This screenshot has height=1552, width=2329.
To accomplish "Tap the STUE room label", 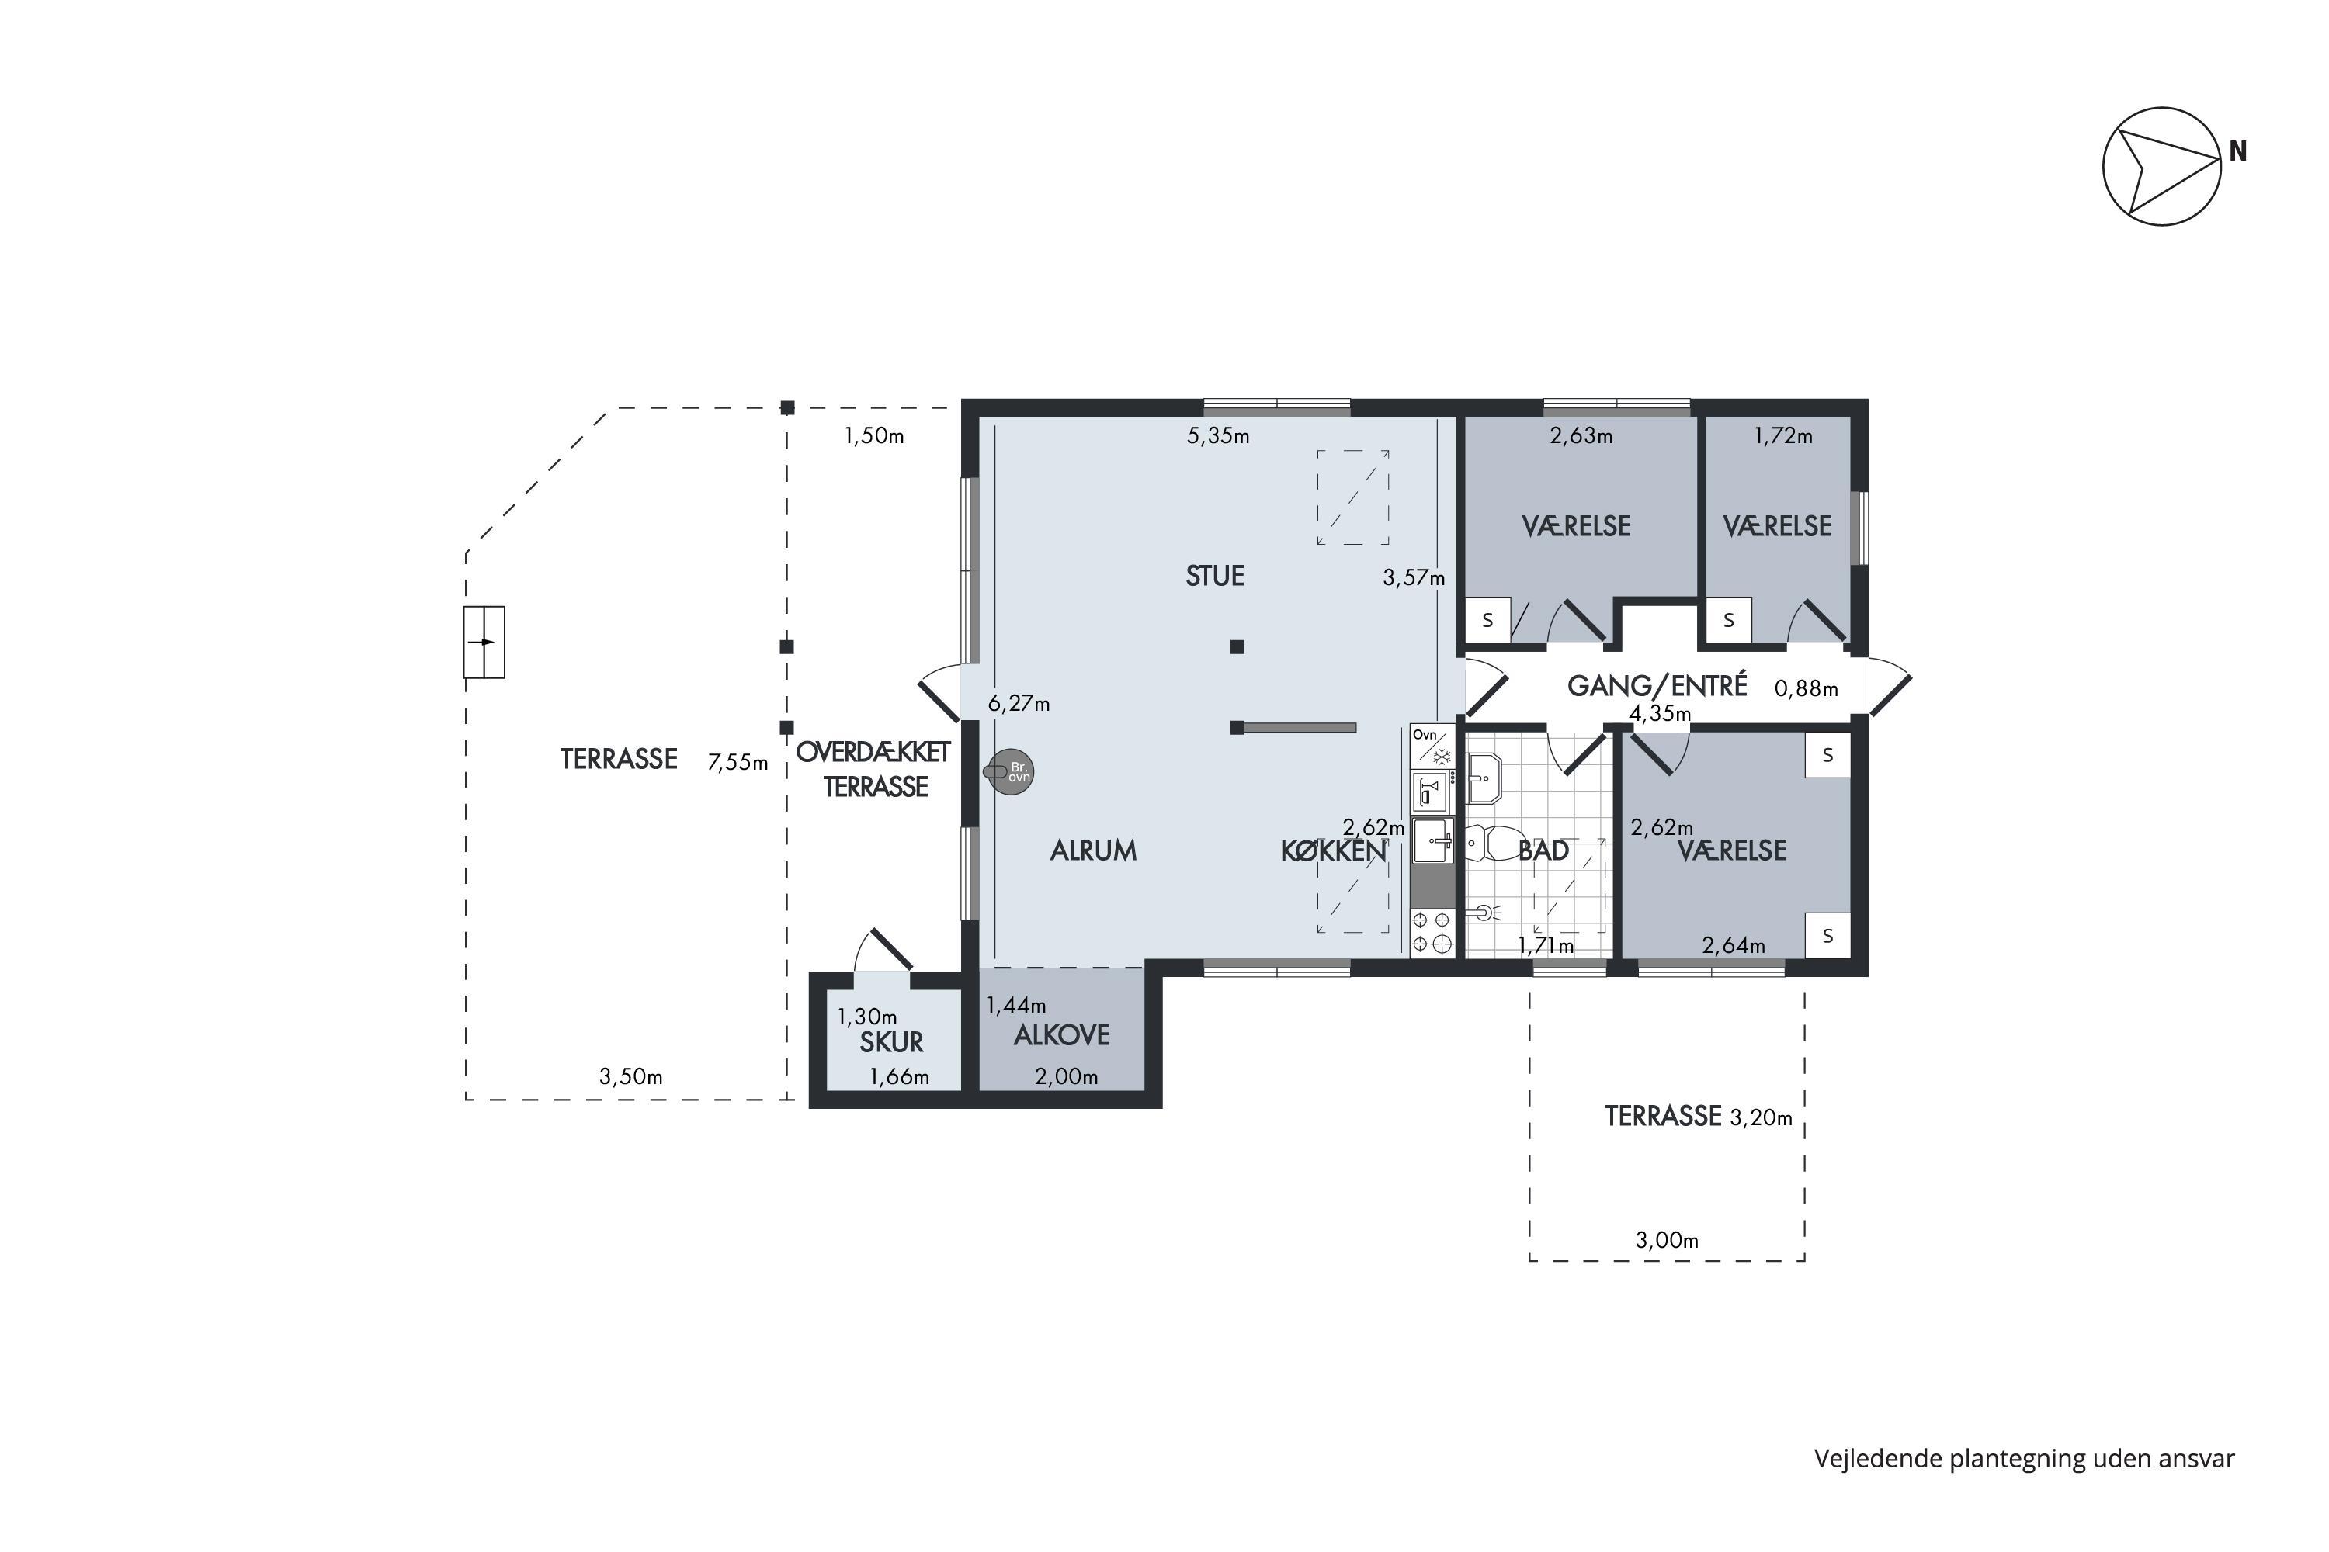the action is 1214,576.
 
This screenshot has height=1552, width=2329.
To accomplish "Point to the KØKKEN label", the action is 1333,850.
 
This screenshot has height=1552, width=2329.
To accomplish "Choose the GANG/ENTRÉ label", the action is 1657,685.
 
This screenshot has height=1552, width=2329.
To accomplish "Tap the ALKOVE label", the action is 1061,1035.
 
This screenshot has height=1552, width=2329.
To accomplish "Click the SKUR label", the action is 891,1042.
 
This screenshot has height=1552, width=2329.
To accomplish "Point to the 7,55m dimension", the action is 738,762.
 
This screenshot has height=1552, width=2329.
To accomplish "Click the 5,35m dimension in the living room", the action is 1218,435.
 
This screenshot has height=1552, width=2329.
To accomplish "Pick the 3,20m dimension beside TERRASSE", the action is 1761,1118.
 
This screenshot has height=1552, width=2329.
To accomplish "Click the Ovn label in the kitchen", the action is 1424,734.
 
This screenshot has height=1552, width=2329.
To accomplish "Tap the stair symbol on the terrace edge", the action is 484,643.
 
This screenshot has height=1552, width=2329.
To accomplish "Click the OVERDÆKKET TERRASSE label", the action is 873,769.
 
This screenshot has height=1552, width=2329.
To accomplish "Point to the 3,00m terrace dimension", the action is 1667,1240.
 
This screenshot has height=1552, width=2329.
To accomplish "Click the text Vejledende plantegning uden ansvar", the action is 2024,1458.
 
